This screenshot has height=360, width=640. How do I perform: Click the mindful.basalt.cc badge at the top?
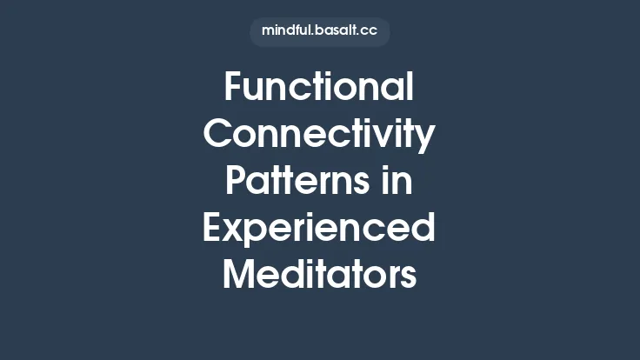point(319,30)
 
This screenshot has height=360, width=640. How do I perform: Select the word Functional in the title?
point(319,88)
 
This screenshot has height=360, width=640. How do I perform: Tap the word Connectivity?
point(319,135)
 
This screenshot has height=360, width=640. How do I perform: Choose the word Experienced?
point(319,229)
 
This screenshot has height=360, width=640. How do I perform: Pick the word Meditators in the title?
point(319,276)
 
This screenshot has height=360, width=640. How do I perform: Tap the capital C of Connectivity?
point(218,135)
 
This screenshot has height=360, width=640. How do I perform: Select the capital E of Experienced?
point(213,229)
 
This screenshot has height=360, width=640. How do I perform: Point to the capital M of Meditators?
point(239,276)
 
